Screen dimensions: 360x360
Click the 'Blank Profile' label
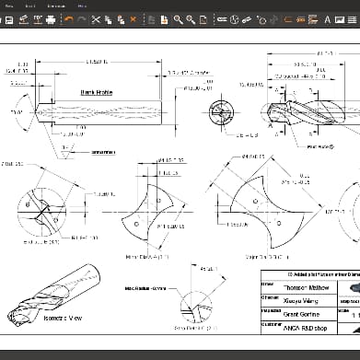click(95, 92)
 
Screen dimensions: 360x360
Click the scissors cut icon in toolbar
click(96, 19)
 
